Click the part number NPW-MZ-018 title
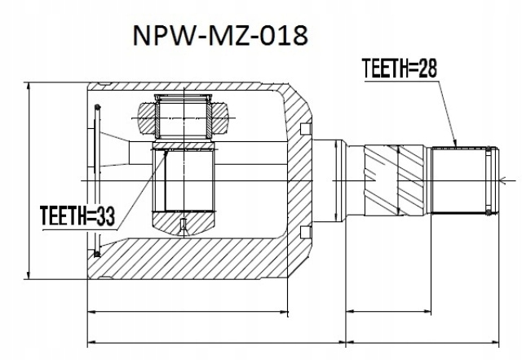[220, 35]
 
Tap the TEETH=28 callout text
[399, 68]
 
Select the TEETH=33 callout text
[77, 216]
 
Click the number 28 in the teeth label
[427, 68]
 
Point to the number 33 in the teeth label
[105, 216]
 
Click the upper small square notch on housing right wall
[305, 129]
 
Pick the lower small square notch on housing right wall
[305, 233]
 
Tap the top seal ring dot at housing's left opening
[97, 107]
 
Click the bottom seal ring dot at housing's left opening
[97, 254]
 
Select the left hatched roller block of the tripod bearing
[147, 118]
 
